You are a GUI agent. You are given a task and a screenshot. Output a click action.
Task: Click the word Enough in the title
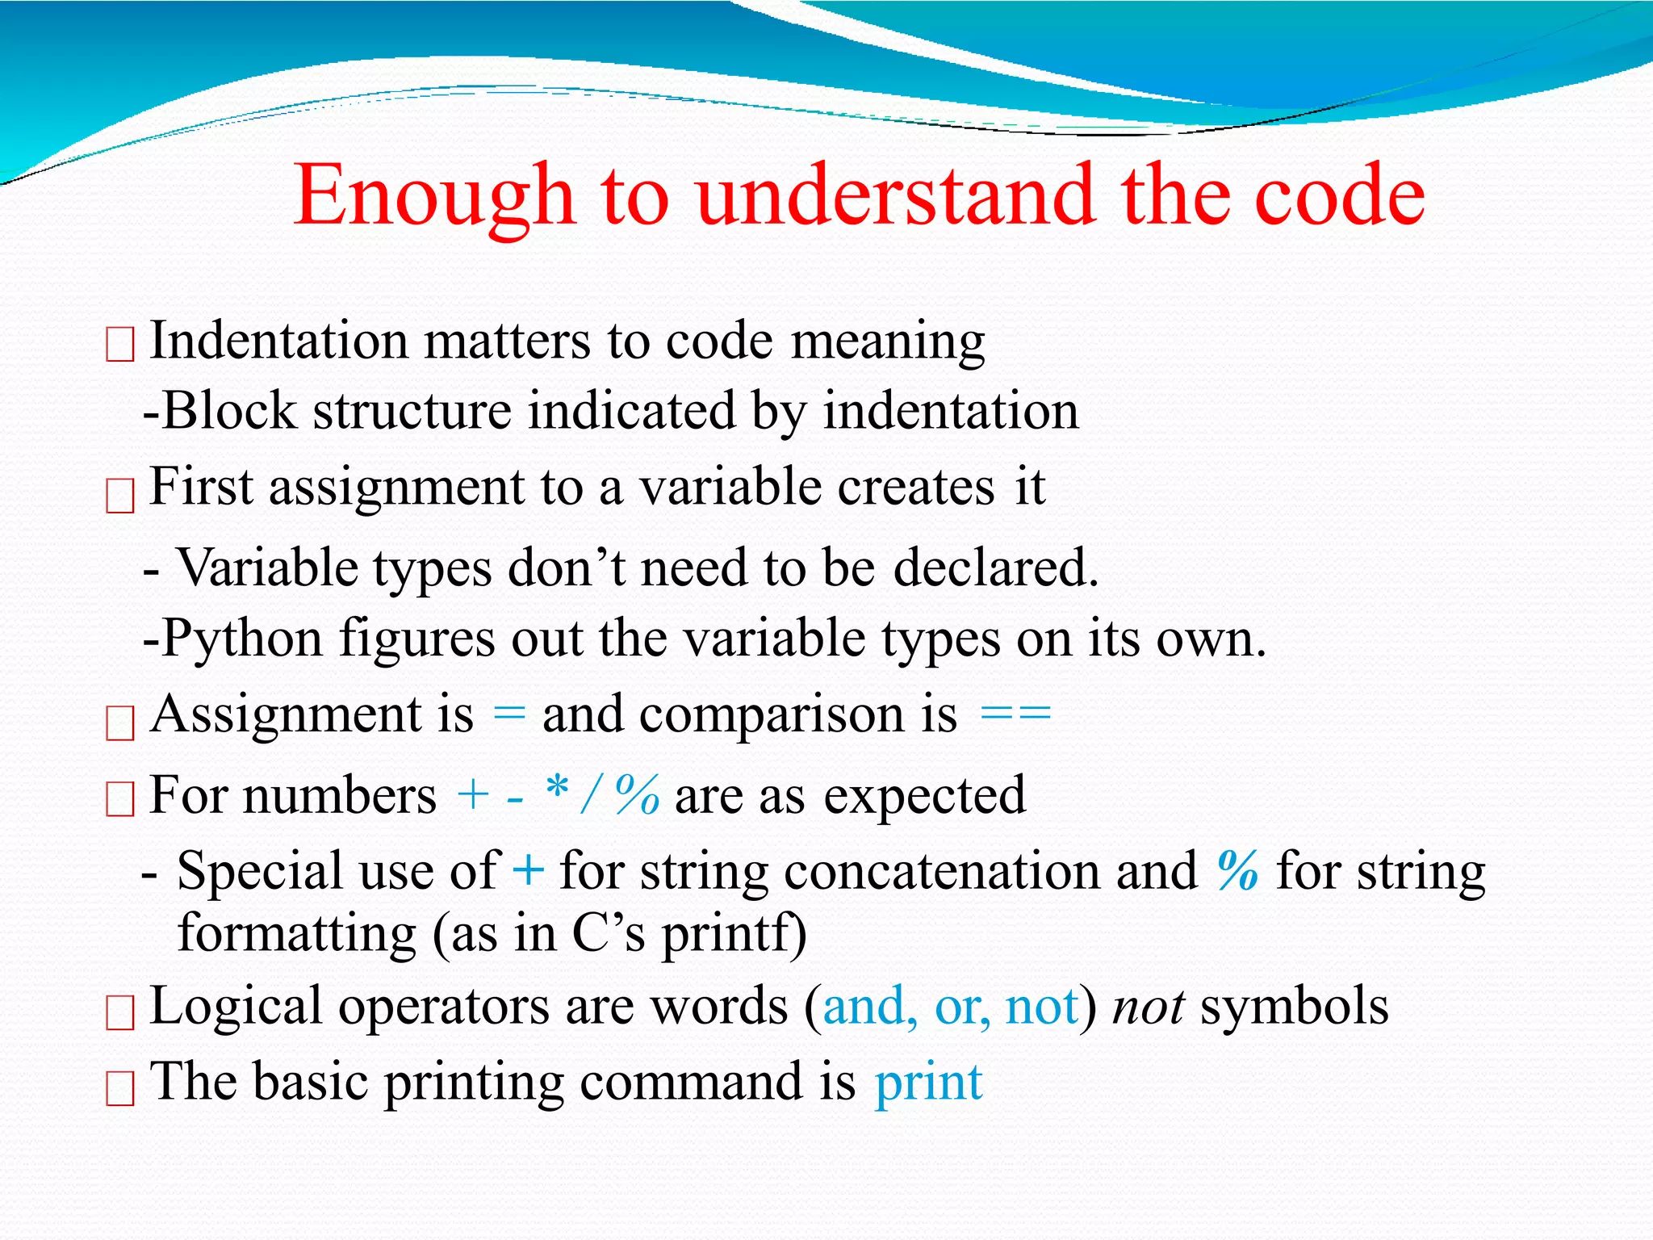coord(433,196)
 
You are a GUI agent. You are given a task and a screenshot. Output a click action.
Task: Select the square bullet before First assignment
coord(120,495)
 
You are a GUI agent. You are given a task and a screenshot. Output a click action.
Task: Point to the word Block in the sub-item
coord(230,411)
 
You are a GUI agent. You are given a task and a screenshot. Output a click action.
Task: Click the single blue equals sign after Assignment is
coord(508,714)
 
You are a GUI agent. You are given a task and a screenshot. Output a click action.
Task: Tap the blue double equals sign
coord(1015,714)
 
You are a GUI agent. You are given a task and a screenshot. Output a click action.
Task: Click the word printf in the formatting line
coord(734,934)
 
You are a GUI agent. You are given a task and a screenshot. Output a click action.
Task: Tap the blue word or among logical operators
coord(961,1007)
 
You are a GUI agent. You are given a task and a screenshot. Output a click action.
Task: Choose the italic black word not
coord(1148,1007)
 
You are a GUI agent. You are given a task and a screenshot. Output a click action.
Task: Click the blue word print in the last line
coord(928,1083)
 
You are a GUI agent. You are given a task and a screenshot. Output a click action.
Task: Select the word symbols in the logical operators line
coord(1294,1007)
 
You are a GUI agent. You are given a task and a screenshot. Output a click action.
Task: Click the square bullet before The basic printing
coord(120,1088)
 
